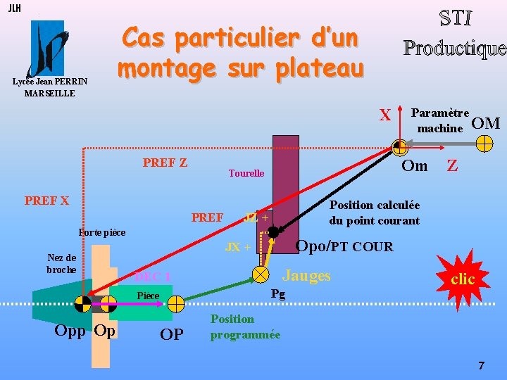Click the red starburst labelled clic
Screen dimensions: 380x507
[462, 279]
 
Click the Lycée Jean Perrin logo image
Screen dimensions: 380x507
[47, 49]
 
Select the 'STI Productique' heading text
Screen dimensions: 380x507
[454, 33]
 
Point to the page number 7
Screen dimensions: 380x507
[482, 365]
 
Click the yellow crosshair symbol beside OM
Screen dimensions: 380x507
[484, 144]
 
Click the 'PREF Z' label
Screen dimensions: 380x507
[165, 163]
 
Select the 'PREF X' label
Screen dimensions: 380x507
[46, 201]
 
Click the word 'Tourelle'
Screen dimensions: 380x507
[246, 173]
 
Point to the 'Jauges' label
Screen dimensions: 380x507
[306, 275]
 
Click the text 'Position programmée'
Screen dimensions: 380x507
[245, 327]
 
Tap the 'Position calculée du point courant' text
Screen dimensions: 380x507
[374, 213]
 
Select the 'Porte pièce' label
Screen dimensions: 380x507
[102, 232]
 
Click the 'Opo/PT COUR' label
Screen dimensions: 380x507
[344, 246]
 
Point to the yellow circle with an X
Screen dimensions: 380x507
[261, 273]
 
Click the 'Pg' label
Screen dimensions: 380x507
[278, 294]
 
